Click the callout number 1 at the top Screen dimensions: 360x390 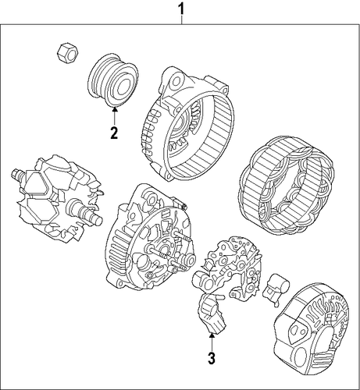click(x=181, y=9)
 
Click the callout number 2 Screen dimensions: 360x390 click(x=114, y=133)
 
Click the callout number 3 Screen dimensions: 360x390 click(x=212, y=358)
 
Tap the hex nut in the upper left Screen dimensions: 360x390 click(x=68, y=53)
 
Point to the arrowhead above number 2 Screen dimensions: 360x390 click(x=114, y=110)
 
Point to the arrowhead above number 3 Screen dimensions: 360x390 click(x=212, y=335)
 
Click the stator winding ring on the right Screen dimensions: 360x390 click(x=286, y=186)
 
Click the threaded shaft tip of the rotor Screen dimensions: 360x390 click(x=18, y=173)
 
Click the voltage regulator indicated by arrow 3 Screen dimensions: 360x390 click(x=212, y=314)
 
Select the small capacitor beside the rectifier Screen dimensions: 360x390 click(x=276, y=288)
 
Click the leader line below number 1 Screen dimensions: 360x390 click(x=182, y=20)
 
